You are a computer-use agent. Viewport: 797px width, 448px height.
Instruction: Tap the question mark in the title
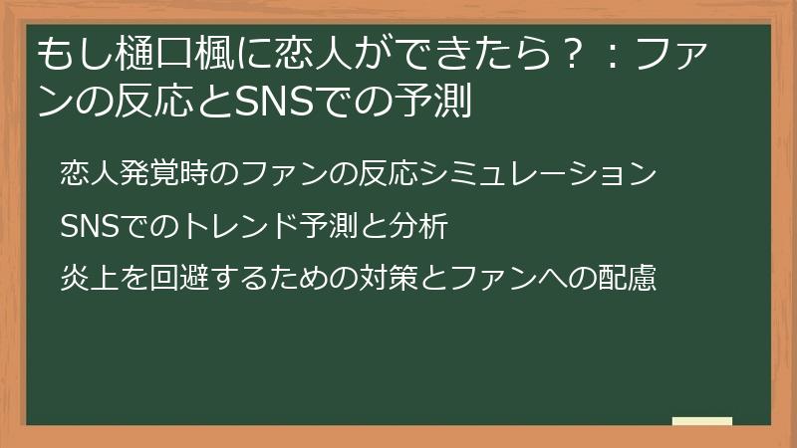coord(572,55)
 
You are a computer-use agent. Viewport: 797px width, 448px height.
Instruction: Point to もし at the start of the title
coord(77,55)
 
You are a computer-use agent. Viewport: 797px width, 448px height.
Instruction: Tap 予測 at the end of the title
coord(433,101)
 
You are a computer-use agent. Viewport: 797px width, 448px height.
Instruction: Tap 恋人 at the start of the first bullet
coord(90,172)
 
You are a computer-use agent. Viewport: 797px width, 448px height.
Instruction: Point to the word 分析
coord(418,226)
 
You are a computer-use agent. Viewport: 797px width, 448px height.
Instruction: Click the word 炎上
coord(90,279)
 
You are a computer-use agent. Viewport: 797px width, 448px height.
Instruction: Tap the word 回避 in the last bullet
coord(179,279)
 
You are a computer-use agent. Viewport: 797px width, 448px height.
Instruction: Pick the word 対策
coord(389,279)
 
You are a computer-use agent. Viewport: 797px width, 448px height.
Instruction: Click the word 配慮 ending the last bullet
coord(628,279)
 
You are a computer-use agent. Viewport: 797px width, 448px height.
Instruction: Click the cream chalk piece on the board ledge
coord(702,421)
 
